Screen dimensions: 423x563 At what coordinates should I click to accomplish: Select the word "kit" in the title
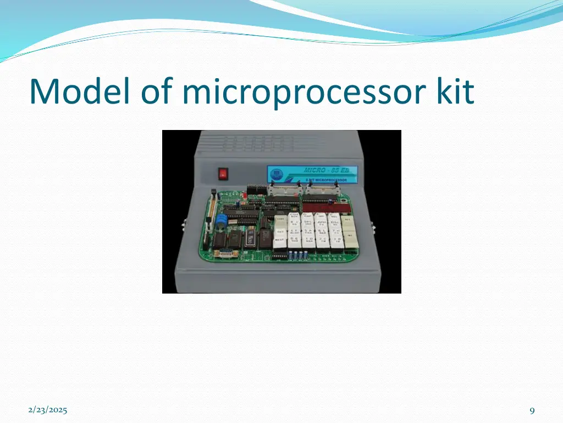click(454, 91)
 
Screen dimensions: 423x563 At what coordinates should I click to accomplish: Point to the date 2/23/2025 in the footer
click(48, 410)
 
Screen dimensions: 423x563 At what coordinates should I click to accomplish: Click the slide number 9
click(532, 410)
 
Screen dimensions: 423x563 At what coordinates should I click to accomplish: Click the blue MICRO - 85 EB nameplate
click(312, 173)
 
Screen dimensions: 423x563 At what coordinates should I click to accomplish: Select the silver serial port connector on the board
click(226, 253)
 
